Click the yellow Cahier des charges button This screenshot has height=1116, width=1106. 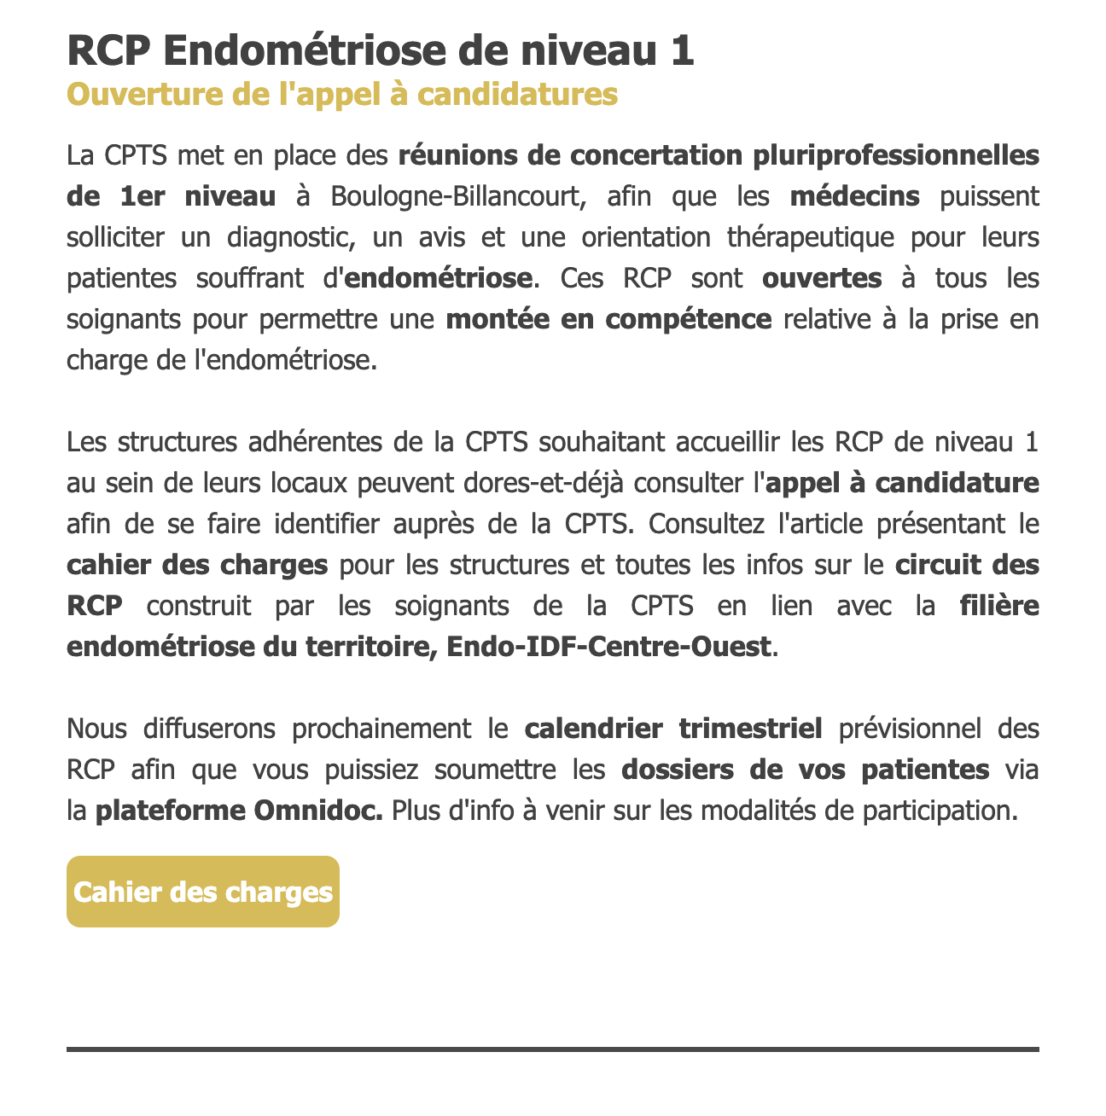pos(203,892)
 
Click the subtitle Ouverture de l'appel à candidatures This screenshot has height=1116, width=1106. pos(341,94)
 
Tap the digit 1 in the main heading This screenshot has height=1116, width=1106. pos(682,50)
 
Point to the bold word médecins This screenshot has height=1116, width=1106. pos(854,196)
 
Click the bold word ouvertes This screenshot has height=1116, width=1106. pos(822,278)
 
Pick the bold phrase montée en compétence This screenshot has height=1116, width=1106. pos(608,319)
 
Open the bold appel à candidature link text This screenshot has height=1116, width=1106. pos(903,483)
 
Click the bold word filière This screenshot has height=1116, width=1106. pos(999,606)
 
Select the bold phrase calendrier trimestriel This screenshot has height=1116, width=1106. pos(673,729)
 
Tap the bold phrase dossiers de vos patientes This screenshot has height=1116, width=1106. pos(805,770)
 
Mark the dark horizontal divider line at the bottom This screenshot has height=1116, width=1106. pos(553,1049)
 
